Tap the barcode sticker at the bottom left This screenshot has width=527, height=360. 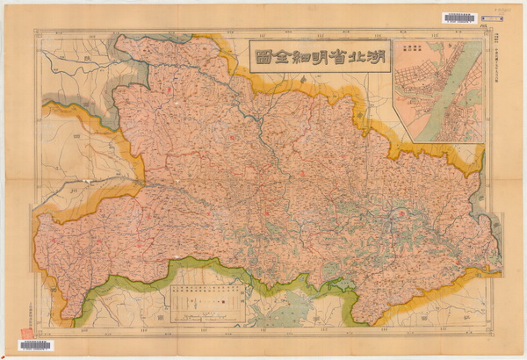point(35,346)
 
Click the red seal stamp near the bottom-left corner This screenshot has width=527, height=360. point(25,332)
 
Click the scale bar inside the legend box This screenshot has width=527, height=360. point(203,315)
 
